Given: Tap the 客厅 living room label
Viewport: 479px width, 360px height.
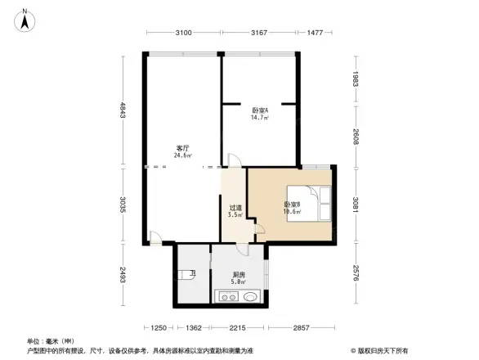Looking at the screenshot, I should click(x=181, y=148).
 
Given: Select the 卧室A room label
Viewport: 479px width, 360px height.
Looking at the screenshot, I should click(x=260, y=110).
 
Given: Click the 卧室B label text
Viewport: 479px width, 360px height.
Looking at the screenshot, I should click(x=292, y=204).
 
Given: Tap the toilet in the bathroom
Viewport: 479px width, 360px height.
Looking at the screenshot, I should click(x=189, y=276).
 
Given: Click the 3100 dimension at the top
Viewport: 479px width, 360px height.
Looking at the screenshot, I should click(x=183, y=33).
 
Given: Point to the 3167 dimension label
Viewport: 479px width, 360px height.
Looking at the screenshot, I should click(x=260, y=33).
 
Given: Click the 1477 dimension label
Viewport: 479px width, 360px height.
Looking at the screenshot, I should click(x=316, y=33).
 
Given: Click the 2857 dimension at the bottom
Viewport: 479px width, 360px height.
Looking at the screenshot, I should click(x=302, y=328).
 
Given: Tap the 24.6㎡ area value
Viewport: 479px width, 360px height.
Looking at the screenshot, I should click(x=181, y=155).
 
